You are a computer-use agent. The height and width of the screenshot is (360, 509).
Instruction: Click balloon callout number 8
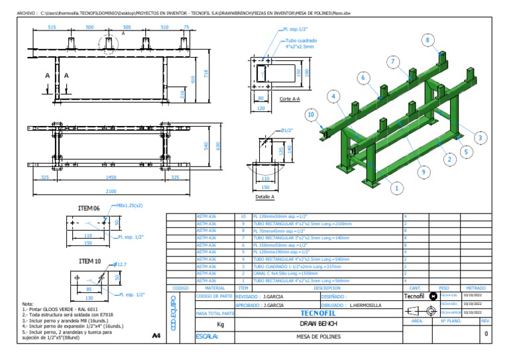coord(427,40)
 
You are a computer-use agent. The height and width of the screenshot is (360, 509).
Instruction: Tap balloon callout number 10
coord(310,115)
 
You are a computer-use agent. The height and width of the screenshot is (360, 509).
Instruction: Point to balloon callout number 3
coord(479,137)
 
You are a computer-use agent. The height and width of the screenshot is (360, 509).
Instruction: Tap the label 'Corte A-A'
coord(290,99)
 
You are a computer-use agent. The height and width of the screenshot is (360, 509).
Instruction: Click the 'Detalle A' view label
coord(265,197)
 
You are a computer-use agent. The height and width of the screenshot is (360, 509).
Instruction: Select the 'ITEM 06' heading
coord(88,208)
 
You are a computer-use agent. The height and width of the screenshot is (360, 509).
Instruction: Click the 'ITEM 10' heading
coord(88,261)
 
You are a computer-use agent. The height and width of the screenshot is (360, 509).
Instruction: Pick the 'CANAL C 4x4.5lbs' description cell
coord(280,273)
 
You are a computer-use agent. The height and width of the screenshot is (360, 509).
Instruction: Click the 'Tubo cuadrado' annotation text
coord(301,40)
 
